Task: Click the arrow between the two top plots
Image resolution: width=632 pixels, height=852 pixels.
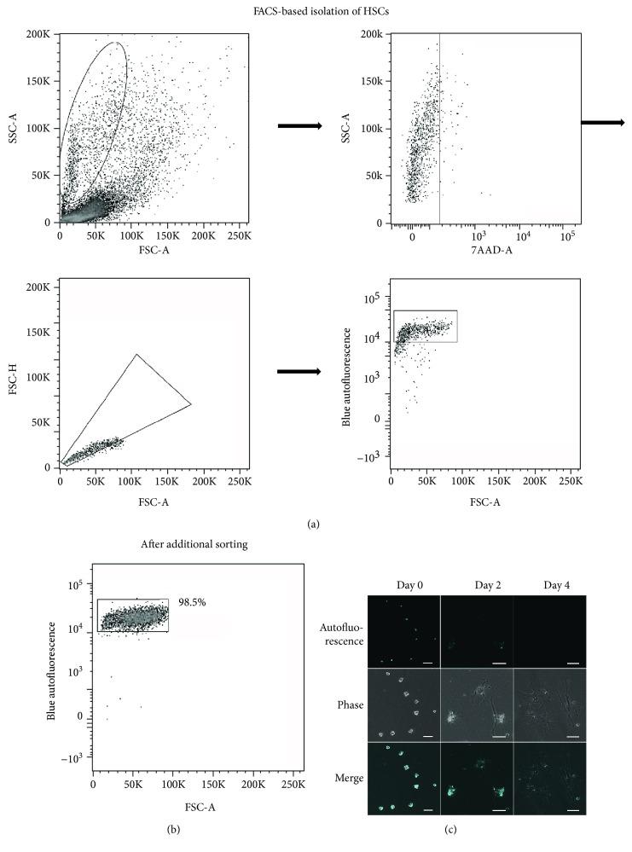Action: tap(299, 126)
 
